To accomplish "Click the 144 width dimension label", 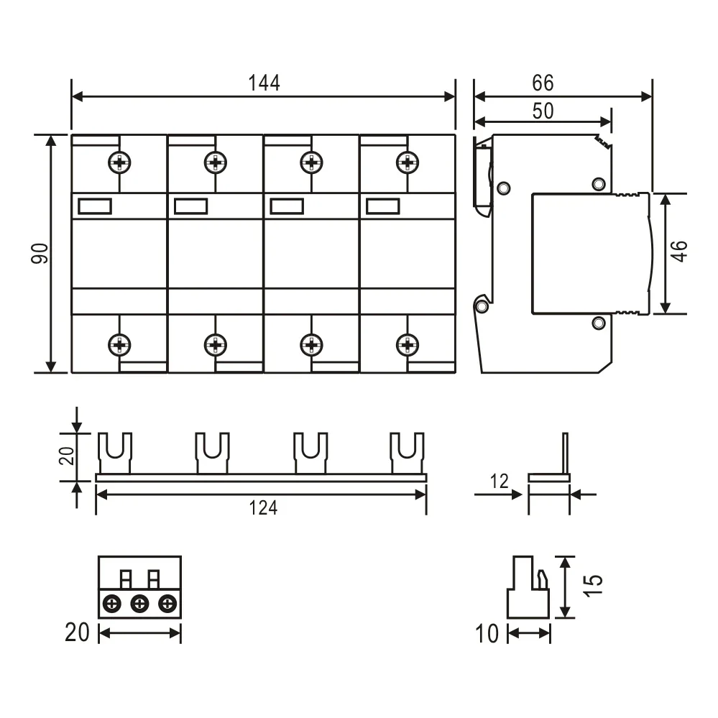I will coord(264,83).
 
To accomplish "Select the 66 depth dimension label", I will coord(543,83).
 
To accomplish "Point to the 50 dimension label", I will coord(543,111).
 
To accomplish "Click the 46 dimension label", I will coord(679,252).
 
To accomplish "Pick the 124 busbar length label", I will coord(263,508).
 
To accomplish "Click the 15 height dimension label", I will coord(594,586).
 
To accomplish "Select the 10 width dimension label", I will coord(487,634).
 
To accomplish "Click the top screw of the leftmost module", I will coord(119,163).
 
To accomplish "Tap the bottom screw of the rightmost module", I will coord(408,344).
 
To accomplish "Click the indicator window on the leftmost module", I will coord(94,207).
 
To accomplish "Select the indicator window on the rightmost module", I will coord(382,207).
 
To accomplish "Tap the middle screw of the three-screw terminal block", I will coord(140,604).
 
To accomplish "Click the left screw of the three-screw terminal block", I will coord(112,604).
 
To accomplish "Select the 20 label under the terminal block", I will coord(78,632).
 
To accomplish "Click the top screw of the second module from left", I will coord(215,163).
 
